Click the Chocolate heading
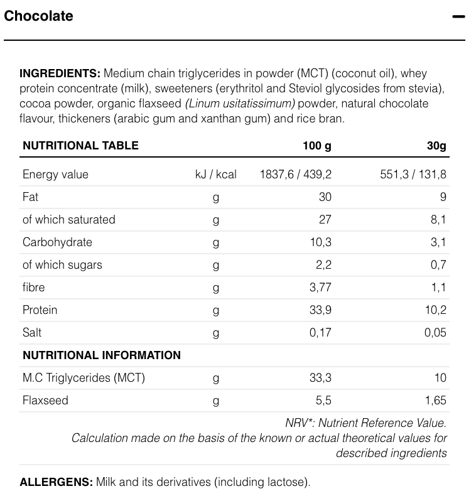click(x=38, y=16)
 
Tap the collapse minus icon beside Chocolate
click(x=458, y=16)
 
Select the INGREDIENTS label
click(x=60, y=73)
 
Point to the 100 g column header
click(x=316, y=146)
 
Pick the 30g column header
click(x=436, y=146)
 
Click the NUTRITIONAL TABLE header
click(x=80, y=146)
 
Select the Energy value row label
click(x=55, y=175)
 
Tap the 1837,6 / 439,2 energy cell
click(x=295, y=175)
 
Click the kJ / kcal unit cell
click(x=215, y=175)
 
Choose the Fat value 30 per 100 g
click(x=325, y=197)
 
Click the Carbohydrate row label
click(x=57, y=242)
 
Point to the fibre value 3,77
click(x=320, y=288)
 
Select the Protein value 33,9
click(x=320, y=310)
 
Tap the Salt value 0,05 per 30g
click(x=435, y=333)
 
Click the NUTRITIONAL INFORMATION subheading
click(x=102, y=355)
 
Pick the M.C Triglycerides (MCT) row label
click(x=84, y=378)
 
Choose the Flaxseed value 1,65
click(x=435, y=401)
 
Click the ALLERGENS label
click(x=56, y=482)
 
